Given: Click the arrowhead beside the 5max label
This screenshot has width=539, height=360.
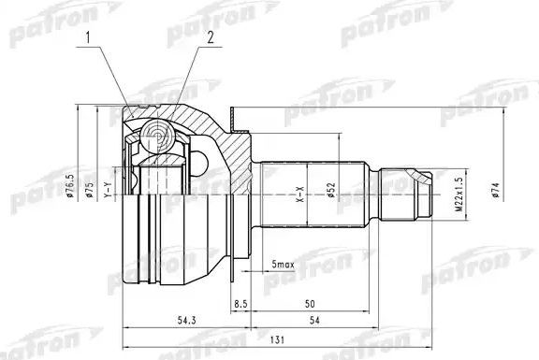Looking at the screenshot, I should (x=255, y=272).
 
